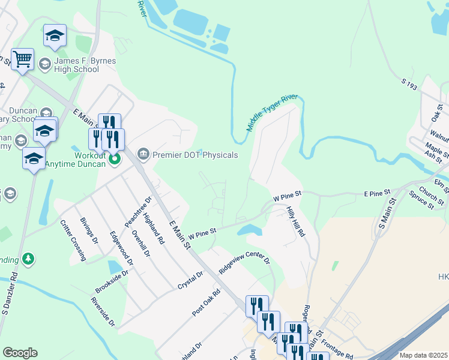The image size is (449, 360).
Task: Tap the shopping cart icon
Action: coord(22,60)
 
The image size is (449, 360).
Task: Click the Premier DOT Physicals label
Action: coord(195,155)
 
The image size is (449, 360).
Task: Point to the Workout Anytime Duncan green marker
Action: coord(115,159)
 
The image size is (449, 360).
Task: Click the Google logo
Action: coord(20,353)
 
